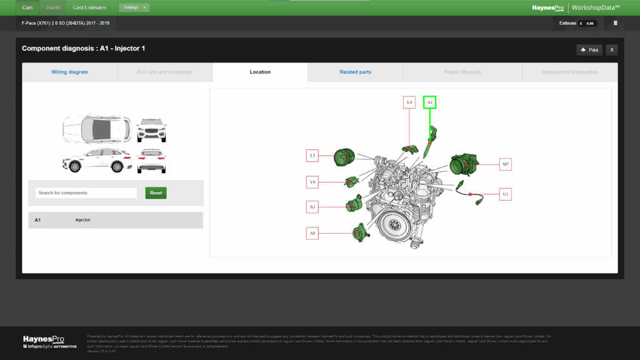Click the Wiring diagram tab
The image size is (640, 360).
(69, 72)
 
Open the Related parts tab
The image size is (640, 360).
(355, 72)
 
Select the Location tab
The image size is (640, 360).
(260, 72)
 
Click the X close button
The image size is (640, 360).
(612, 50)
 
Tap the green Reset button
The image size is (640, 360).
(156, 193)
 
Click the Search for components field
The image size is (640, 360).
(86, 193)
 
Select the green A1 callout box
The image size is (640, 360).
(429, 102)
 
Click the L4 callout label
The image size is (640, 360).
(409, 102)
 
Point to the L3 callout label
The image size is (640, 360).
(312, 154)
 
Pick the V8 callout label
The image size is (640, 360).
(312, 182)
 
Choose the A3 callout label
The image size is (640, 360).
(312, 206)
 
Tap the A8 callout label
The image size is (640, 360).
(312, 233)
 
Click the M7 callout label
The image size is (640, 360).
(506, 165)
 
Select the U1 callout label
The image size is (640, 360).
(506, 194)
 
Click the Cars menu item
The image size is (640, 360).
(27, 7)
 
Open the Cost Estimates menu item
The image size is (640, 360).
(89, 7)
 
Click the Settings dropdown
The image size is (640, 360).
(134, 7)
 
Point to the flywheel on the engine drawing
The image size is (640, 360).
(393, 226)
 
